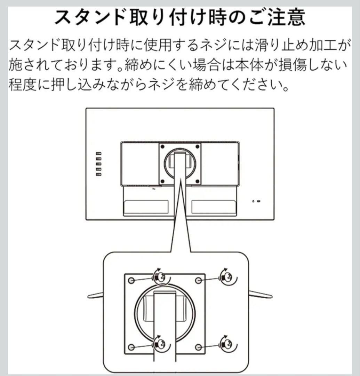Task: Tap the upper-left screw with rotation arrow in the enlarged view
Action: point(160,277)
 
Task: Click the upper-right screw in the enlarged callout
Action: point(227,277)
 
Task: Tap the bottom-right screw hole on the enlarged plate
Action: point(198,347)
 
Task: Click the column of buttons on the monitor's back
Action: point(99,163)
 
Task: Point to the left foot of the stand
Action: point(95,296)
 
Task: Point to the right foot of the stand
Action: point(260,295)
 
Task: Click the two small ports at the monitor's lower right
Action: point(256,201)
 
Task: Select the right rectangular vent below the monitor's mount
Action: point(214,207)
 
